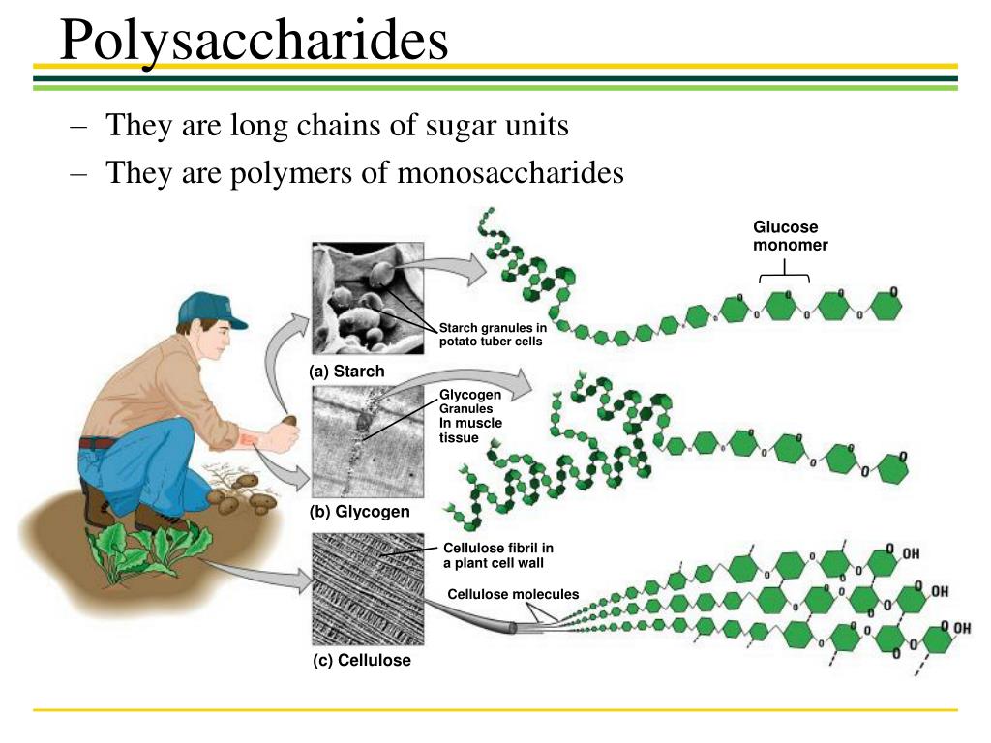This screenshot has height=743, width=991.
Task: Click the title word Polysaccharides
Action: (x=254, y=41)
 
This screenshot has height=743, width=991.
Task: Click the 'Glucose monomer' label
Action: (x=790, y=236)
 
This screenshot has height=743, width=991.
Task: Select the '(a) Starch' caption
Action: (x=346, y=371)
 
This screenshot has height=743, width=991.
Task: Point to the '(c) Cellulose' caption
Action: (x=360, y=660)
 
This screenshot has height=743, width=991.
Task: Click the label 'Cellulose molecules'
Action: (x=513, y=594)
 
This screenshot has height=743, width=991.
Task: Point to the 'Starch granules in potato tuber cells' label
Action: (x=493, y=334)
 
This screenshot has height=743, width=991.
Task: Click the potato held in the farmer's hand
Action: (x=289, y=422)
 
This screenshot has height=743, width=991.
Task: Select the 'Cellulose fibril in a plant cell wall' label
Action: (x=497, y=555)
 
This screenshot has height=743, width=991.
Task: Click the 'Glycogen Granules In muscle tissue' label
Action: (x=471, y=416)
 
